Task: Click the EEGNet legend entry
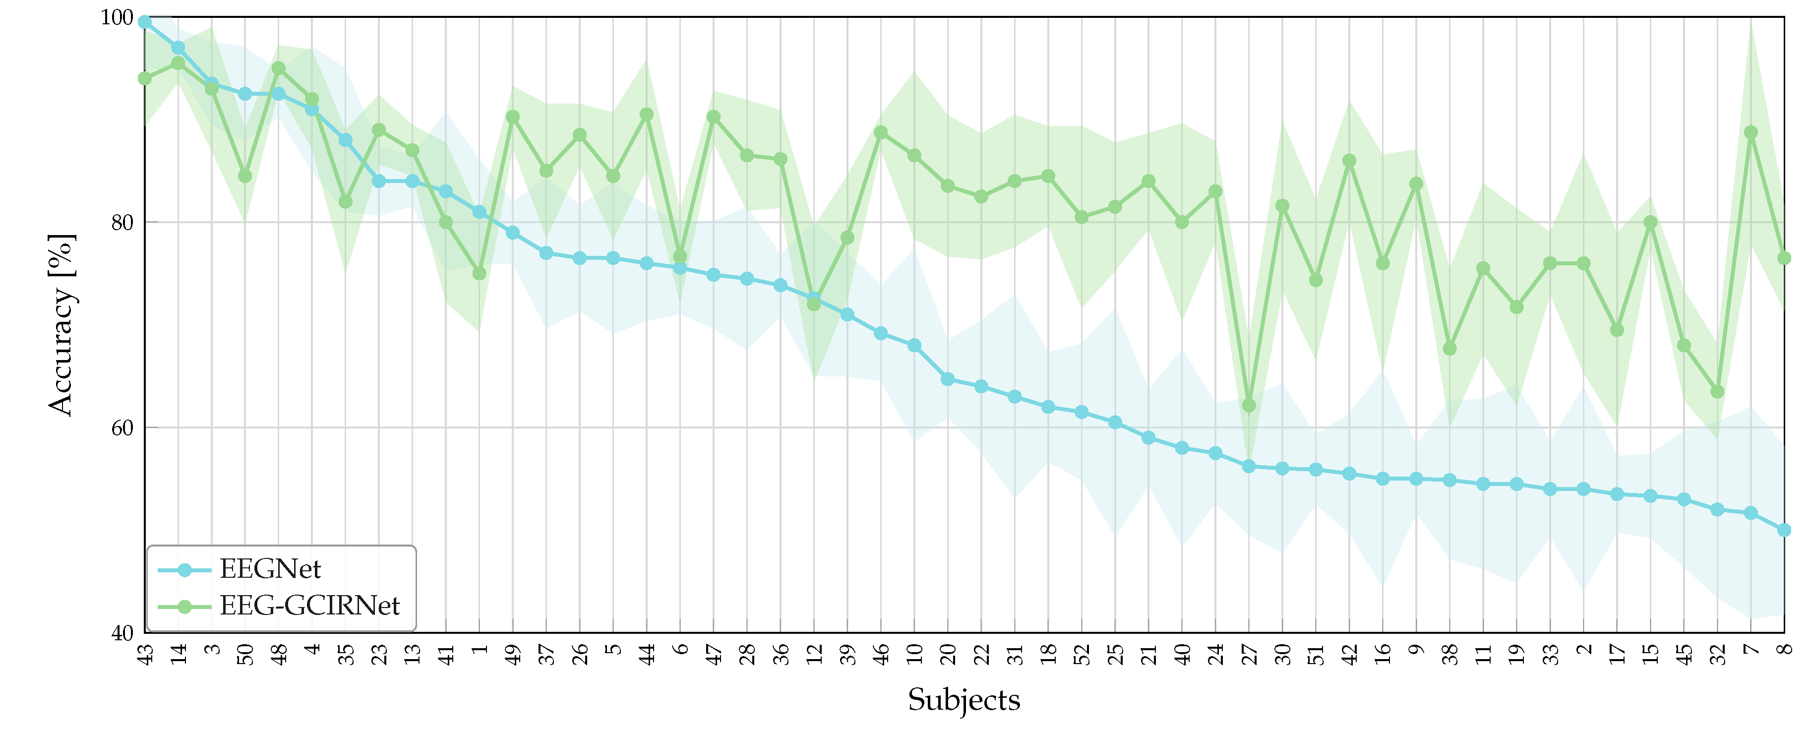click(x=270, y=569)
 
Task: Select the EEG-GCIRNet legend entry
click(x=309, y=606)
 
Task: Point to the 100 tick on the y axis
click(x=117, y=17)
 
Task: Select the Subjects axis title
click(x=964, y=700)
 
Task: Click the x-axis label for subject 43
click(x=145, y=655)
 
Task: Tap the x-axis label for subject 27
click(x=1249, y=655)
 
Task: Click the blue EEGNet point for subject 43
click(x=145, y=22)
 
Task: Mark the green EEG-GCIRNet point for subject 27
click(x=1249, y=405)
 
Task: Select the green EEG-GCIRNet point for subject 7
click(x=1750, y=133)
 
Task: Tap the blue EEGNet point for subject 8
click(x=1784, y=530)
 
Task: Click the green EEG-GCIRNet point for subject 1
click(x=479, y=273)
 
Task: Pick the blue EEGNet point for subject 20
click(x=947, y=379)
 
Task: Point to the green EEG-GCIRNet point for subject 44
click(x=647, y=115)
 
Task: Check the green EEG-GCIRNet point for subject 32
click(x=1717, y=391)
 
